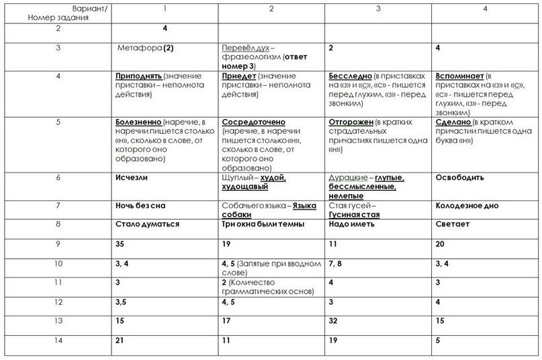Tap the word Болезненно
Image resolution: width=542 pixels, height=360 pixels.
138,123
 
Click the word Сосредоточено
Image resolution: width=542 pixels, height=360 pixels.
253,123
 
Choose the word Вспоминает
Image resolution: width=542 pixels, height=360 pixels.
459,77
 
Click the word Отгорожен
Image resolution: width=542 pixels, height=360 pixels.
351,123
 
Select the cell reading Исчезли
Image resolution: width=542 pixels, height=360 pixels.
132,178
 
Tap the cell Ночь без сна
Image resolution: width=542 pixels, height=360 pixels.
140,206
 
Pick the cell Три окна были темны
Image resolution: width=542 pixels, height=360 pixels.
263,224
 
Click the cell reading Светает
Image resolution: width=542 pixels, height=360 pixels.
453,224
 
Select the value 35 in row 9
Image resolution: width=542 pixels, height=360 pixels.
120,244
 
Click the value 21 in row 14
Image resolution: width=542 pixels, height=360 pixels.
120,341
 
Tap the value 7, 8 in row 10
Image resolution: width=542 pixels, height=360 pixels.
336,263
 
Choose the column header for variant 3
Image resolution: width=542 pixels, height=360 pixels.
378,9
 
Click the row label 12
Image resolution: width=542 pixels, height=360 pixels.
58,302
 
